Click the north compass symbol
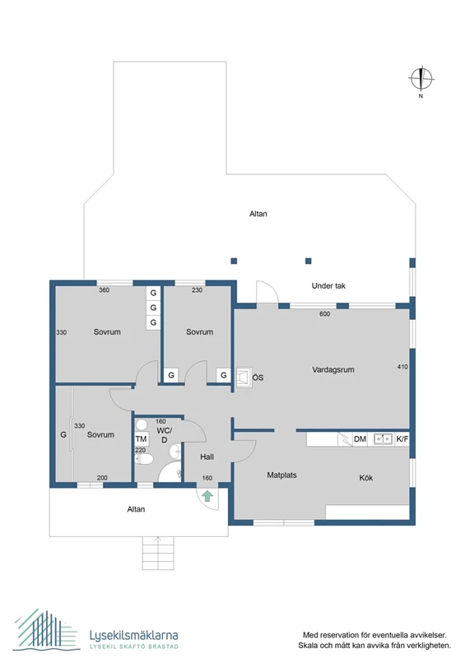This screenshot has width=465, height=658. coord(421,79)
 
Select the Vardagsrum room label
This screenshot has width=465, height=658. coord(333,370)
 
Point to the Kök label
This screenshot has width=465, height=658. coord(366,478)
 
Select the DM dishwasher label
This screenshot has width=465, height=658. coord(360,439)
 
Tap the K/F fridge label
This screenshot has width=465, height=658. coord(402,439)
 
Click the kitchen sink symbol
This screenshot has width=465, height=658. coord(382,439)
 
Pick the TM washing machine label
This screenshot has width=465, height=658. coord(141,439)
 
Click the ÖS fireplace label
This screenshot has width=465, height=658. coord(258,378)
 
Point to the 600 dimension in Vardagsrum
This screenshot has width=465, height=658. coord(324,313)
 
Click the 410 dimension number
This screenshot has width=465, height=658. coord(402,366)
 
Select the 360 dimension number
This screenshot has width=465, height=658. coord(104,290)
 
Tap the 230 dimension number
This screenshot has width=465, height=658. coord(198,290)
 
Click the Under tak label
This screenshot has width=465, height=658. coord(328,286)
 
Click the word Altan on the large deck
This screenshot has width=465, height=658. coord(258,214)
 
